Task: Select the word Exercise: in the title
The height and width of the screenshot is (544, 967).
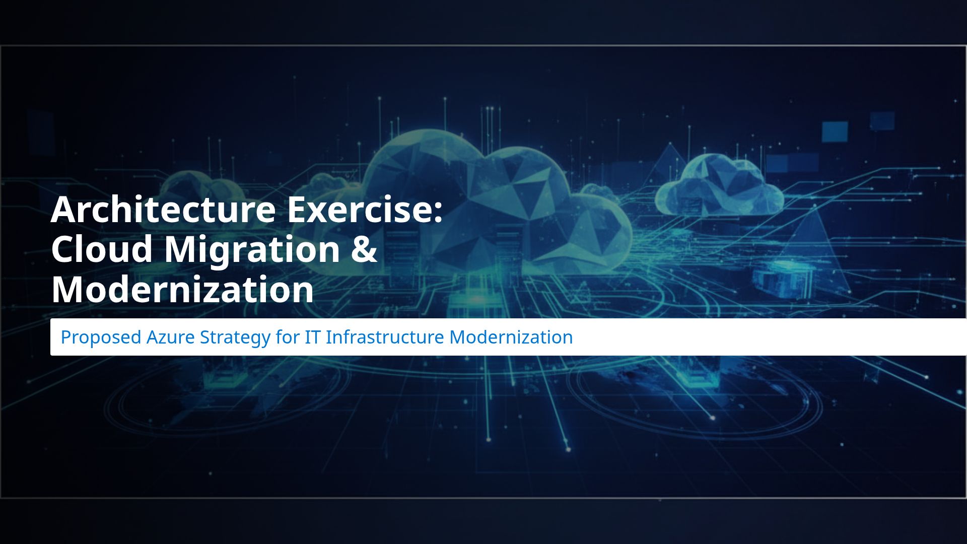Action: [x=365, y=209]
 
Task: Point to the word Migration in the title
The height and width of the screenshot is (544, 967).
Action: [x=252, y=250]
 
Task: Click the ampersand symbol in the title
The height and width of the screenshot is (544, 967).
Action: [x=364, y=249]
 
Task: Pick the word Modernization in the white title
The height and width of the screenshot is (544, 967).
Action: [x=182, y=289]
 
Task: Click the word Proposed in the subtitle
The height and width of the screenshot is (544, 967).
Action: [x=101, y=337]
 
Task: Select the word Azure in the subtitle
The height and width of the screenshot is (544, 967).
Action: [x=170, y=337]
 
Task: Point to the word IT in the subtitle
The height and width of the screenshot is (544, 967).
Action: [x=312, y=337]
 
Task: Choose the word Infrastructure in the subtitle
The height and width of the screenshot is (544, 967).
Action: [x=385, y=337]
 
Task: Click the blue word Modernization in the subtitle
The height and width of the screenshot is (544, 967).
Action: [x=511, y=337]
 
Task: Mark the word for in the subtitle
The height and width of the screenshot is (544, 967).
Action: [x=287, y=337]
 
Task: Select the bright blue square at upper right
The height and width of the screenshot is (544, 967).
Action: [x=835, y=131]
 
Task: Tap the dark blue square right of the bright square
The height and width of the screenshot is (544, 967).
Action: [x=882, y=121]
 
